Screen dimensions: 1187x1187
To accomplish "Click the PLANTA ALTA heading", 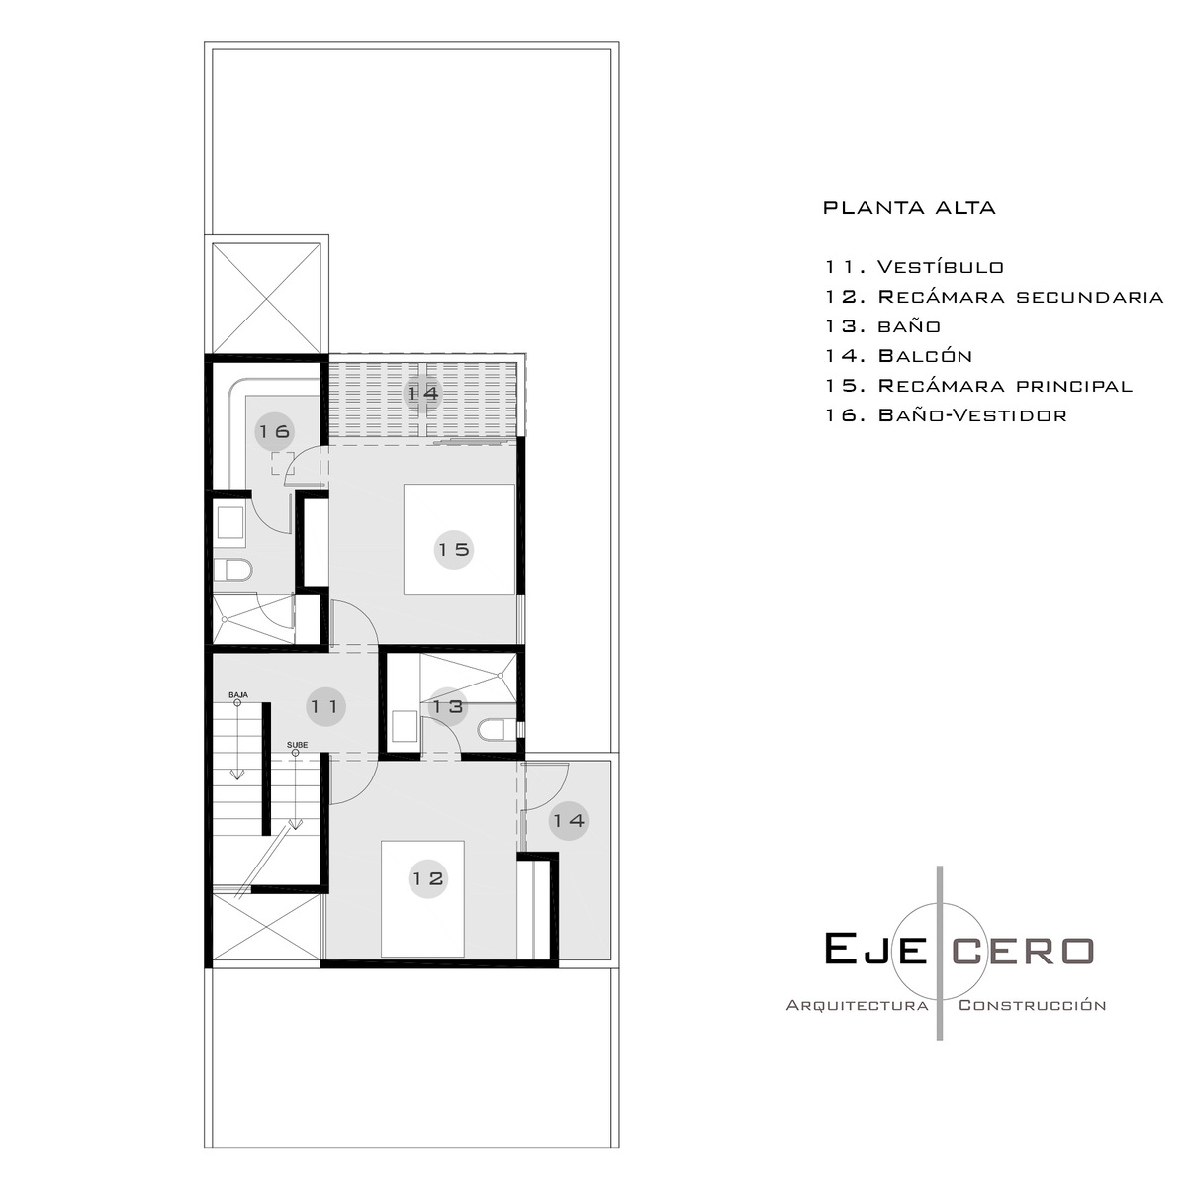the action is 909,208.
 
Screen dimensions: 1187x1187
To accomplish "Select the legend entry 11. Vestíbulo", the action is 914,267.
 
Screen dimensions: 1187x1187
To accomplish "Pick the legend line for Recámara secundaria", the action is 994,297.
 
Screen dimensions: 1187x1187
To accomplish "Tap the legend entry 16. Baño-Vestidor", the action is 947,414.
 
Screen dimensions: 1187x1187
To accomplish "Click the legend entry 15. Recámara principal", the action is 979,385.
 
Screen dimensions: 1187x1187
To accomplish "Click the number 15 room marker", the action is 454,549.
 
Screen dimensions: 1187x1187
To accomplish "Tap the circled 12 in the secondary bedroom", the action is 428,878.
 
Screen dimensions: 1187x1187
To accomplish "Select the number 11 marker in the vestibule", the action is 325,706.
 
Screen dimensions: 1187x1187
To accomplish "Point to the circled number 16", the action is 274,432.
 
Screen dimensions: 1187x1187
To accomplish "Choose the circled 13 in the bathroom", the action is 448,706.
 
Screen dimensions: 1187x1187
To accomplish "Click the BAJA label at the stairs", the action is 238,694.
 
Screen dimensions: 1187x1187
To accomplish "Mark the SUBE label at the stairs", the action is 297,745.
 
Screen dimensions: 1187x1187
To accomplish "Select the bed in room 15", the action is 459,540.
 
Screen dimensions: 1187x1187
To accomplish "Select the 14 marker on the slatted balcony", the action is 423,393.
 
